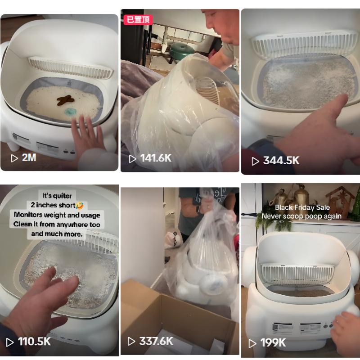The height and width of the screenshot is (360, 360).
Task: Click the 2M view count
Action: pyautogui.click(x=29, y=157)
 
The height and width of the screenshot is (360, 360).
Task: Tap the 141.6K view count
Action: pyautogui.click(x=156, y=158)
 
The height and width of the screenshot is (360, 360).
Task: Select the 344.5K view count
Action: pyautogui.click(x=281, y=161)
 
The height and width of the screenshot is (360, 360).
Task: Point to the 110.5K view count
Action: pyautogui.click(x=34, y=342)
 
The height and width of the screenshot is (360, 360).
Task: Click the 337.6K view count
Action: pyautogui.click(x=156, y=341)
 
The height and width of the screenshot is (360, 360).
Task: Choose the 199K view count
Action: pyautogui.click(x=273, y=343)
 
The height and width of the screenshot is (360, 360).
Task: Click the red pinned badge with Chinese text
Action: pyautogui.click(x=138, y=20)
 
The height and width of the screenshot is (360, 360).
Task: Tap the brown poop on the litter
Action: pyautogui.click(x=66, y=100)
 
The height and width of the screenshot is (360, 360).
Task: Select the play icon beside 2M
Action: pyautogui.click(x=14, y=158)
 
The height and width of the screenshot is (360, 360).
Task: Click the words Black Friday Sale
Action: pyautogui.click(x=302, y=207)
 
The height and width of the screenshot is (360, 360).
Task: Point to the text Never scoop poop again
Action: pyautogui.click(x=301, y=216)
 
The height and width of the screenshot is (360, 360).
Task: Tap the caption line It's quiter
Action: pyautogui.click(x=57, y=196)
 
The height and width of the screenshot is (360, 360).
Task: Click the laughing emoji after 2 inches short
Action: pyautogui.click(x=79, y=205)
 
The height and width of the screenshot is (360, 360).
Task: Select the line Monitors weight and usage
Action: pyautogui.click(x=57, y=215)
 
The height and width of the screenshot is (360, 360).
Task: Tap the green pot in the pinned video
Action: pyautogui.click(x=182, y=50)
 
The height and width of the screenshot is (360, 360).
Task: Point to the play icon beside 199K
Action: pyautogui.click(x=252, y=343)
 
